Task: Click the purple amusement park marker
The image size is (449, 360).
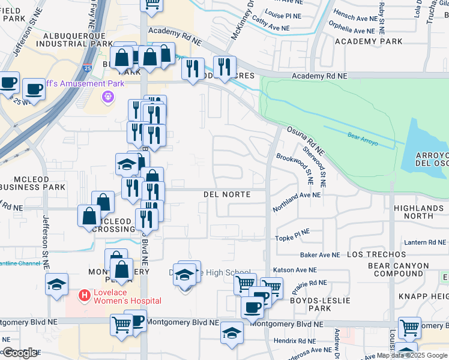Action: click(108, 96)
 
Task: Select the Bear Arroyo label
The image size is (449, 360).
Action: click(361, 136)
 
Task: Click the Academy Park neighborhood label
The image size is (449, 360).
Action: click(369, 41)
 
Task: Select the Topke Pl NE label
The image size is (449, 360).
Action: click(292, 235)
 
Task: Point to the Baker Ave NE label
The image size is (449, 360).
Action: click(320, 255)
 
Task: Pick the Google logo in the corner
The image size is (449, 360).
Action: click(20, 353)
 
